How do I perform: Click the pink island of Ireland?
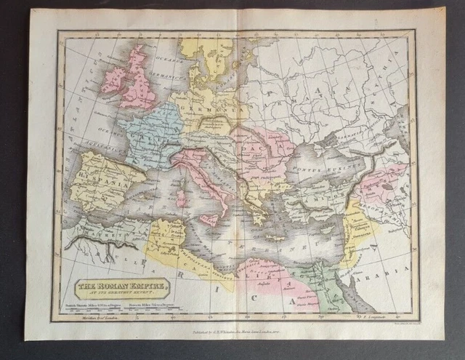[115, 79]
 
